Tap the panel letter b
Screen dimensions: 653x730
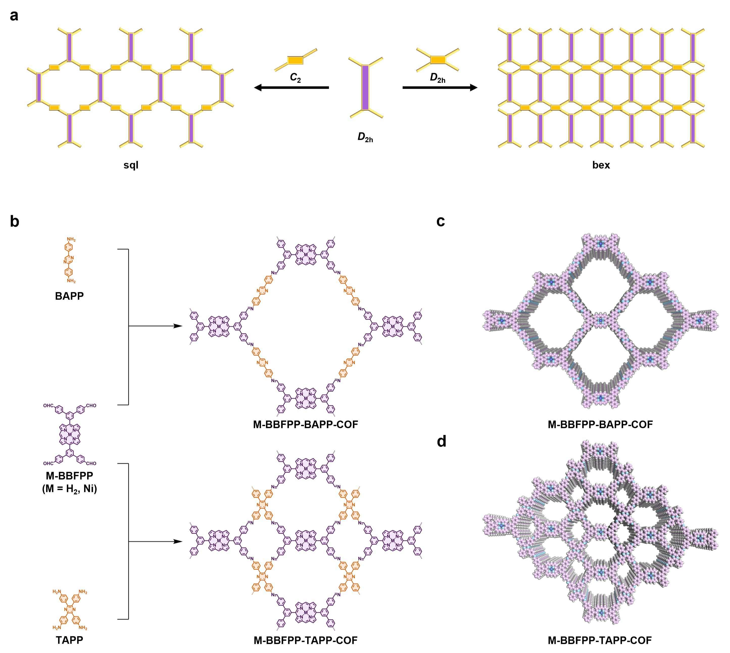[x=14, y=222]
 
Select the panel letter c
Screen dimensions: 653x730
[x=441, y=221]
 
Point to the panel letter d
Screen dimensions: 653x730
[x=441, y=441]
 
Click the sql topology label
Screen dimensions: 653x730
[x=131, y=165]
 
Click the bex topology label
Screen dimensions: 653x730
[x=601, y=165]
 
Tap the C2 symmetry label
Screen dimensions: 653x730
[x=295, y=78]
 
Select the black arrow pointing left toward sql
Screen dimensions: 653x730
[x=291, y=87]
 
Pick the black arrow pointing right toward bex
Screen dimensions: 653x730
[x=440, y=87]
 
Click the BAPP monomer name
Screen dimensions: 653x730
[x=69, y=296]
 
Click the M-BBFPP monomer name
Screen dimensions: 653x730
[x=69, y=476]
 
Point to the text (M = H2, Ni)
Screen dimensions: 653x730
[x=69, y=489]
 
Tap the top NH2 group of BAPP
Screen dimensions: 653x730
[x=71, y=239]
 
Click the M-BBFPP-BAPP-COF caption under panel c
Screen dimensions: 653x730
[x=600, y=424]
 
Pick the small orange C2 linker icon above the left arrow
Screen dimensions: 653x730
[x=296, y=60]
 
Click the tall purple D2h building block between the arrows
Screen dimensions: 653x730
[x=365, y=87]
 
